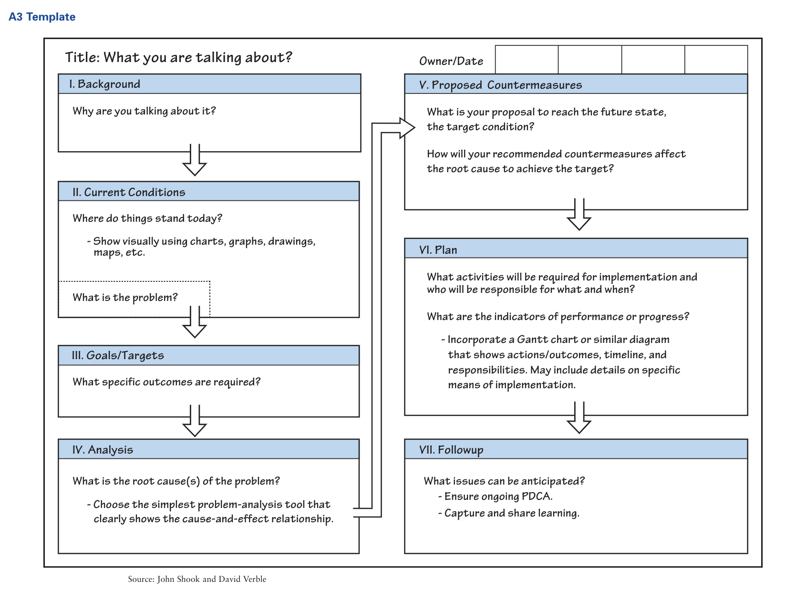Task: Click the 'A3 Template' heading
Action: pos(42,17)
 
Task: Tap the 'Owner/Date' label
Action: pos(451,61)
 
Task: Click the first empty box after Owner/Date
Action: pos(527,60)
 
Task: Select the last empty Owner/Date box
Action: pos(716,60)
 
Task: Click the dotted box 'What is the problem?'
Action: pos(134,298)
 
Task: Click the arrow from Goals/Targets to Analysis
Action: pos(195,421)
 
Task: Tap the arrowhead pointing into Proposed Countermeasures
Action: pos(406,128)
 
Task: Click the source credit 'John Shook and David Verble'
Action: pos(211,579)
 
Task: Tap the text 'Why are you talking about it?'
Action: pos(144,111)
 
